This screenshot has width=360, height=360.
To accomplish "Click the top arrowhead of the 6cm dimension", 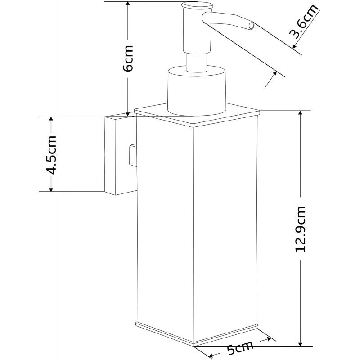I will point(129,4).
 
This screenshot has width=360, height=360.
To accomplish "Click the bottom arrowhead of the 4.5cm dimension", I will point(51,188).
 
